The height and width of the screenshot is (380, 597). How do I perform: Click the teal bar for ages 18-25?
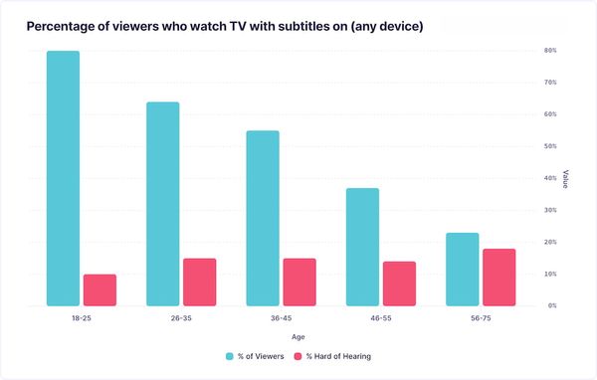[63, 178]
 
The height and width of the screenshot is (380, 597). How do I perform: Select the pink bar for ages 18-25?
[99, 289]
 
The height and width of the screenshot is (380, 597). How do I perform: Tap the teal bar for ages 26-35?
[162, 204]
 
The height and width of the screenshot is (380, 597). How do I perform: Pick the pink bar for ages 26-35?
[199, 282]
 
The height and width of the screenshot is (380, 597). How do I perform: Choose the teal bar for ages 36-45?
[263, 218]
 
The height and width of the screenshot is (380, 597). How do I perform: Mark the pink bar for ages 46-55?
[399, 284]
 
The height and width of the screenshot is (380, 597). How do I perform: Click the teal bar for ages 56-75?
[462, 270]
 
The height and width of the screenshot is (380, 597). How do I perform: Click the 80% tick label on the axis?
[550, 50]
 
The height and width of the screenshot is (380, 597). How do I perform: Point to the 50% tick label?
[550, 146]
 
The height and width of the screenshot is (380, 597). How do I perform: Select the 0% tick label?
[550, 305]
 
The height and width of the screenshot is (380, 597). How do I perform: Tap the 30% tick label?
[550, 210]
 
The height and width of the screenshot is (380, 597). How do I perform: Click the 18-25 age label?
[81, 319]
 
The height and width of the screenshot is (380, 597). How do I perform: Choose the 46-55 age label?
[380, 319]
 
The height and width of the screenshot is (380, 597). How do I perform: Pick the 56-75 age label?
[481, 319]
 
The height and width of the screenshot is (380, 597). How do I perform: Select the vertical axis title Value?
[566, 178]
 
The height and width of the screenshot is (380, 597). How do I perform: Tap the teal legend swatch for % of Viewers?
[230, 355]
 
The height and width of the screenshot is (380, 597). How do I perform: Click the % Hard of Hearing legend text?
[340, 355]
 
